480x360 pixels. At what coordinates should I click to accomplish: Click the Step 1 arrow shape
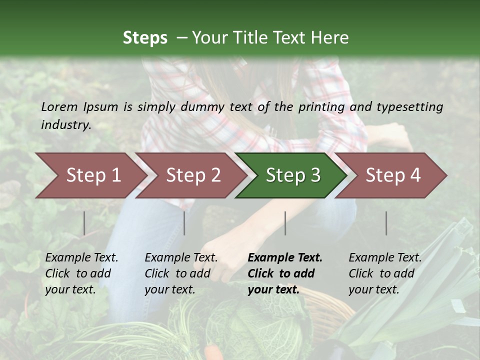click(90, 175)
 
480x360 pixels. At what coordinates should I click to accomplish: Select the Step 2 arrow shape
click(192, 175)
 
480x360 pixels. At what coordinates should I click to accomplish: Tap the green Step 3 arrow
click(292, 175)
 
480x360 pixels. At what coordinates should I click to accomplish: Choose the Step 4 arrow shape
click(392, 175)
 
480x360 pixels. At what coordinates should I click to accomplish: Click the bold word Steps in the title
click(145, 38)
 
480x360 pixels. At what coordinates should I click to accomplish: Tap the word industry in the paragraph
click(65, 124)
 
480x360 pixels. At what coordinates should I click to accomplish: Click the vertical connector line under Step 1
click(84, 223)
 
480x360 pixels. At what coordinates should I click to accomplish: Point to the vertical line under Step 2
click(184, 223)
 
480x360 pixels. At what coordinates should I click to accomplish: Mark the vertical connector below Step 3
click(285, 223)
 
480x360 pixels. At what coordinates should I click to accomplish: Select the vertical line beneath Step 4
click(386, 223)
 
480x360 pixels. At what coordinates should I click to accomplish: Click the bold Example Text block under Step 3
click(284, 273)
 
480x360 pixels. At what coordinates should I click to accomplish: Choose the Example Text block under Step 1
click(81, 273)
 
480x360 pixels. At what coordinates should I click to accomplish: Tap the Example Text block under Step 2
click(181, 273)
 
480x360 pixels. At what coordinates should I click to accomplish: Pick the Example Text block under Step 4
click(385, 273)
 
